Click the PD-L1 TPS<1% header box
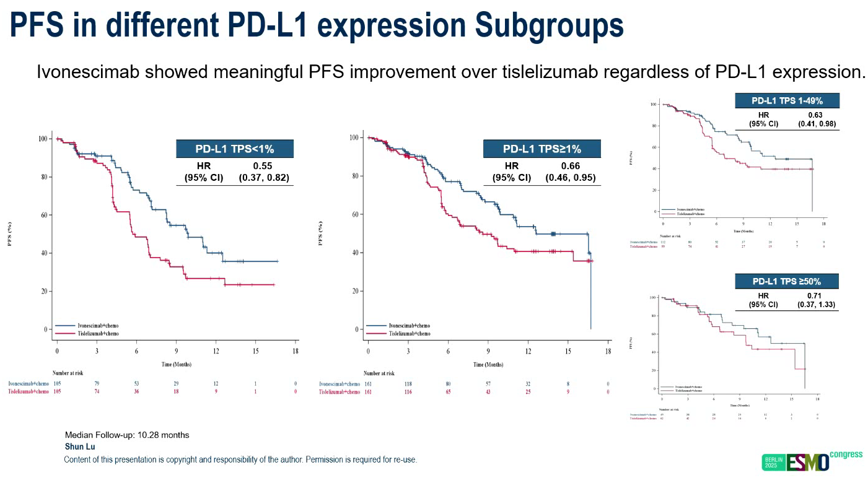coord(235,149)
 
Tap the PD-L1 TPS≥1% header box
coord(542,149)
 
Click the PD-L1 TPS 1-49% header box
coord(786,101)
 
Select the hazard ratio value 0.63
coord(816,115)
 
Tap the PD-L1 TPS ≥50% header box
coord(786,281)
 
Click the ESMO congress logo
coord(824,461)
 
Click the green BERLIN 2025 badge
coord(774,463)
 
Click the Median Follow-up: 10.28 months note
coord(127,435)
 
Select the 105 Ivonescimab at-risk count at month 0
coord(57,384)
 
